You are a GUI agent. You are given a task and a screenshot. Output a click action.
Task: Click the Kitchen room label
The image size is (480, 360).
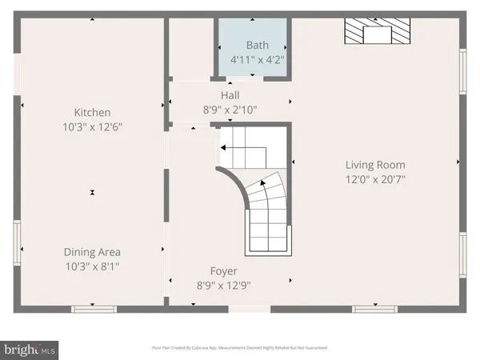pos(93,113)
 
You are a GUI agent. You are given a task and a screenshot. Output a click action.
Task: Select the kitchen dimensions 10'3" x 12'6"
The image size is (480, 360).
pos(93,126)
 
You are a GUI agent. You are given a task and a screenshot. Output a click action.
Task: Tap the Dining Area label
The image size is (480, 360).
pos(93,252)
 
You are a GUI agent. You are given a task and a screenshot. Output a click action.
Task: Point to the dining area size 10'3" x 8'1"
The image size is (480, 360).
pos(93,266)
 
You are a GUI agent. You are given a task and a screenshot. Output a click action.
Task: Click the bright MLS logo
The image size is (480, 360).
pos(30,349)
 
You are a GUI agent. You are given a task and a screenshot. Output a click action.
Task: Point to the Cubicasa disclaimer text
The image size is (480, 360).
pos(239,349)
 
